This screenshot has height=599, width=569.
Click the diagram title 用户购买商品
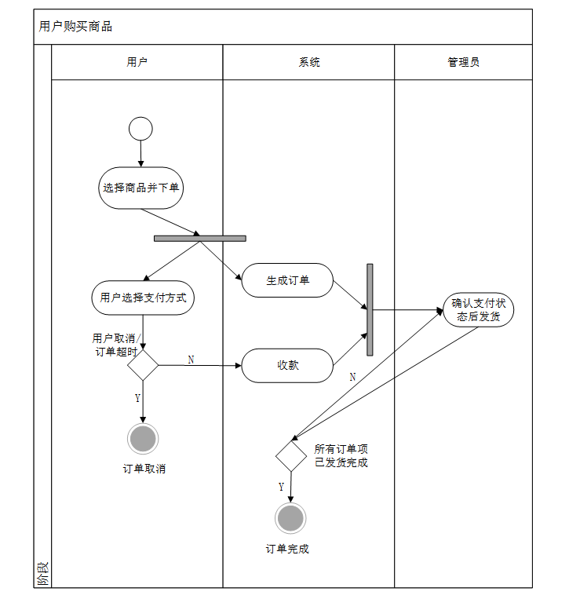[75, 27]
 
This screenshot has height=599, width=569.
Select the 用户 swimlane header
[137, 62]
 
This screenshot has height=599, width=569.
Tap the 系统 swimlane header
[309, 62]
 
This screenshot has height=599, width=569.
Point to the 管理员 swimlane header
[463, 62]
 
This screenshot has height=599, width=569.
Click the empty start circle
[140, 128]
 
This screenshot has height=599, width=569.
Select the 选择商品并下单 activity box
[141, 188]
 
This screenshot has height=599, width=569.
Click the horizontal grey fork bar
[199, 238]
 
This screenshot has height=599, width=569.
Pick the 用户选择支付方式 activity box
[142, 298]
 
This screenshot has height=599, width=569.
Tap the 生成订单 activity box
[287, 280]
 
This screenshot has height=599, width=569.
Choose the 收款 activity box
[287, 365]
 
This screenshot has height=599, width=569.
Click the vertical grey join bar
[370, 309]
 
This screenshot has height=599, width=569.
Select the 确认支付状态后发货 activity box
[478, 310]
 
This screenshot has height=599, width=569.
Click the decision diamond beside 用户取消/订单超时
[143, 365]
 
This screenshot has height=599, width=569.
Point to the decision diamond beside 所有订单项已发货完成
[290, 456]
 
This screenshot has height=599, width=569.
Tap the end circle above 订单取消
[143, 439]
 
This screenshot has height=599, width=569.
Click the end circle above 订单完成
[290, 518]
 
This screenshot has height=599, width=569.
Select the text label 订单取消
[144, 469]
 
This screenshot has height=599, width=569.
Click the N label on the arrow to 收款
[191, 359]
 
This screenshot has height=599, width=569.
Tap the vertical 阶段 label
[42, 575]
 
